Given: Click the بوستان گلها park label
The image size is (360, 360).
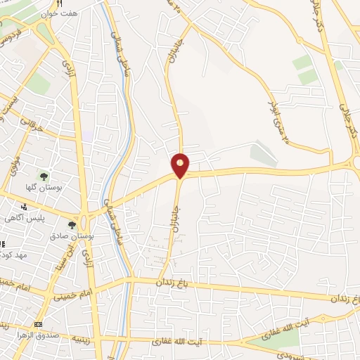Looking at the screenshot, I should click(x=44, y=188).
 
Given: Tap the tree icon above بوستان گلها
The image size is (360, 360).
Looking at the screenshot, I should click(x=44, y=176).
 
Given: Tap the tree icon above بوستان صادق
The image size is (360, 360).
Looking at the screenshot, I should click(x=71, y=225).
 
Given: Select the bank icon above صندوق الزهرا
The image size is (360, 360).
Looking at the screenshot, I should click(x=37, y=325).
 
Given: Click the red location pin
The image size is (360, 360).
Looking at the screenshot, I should click(x=181, y=164).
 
